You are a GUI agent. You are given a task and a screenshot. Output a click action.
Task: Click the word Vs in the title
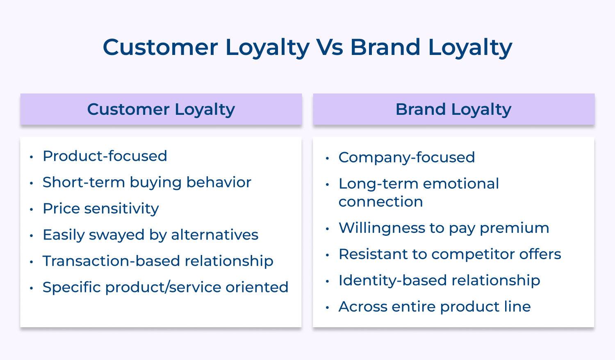[330, 47]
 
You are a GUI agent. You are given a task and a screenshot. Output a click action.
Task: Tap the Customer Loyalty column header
[161, 109]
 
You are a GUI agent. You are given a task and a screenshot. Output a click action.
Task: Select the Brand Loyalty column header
[453, 109]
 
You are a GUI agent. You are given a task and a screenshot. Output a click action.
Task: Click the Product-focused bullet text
[105, 156]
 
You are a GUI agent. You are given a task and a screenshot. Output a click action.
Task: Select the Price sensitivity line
[101, 209]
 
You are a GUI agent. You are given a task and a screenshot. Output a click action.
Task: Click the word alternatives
[215, 235]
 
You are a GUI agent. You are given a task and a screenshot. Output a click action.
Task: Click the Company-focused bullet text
[407, 157]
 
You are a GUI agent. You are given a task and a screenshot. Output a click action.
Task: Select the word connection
[380, 202]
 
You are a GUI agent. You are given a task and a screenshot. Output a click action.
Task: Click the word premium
[515, 228]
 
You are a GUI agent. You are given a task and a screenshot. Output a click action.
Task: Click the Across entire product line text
[435, 307]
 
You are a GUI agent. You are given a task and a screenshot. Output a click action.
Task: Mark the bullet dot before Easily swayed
[31, 236]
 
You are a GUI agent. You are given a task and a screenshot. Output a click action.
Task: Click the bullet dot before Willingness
[327, 229]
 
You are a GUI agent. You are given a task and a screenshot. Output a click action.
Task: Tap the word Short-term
[84, 182]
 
